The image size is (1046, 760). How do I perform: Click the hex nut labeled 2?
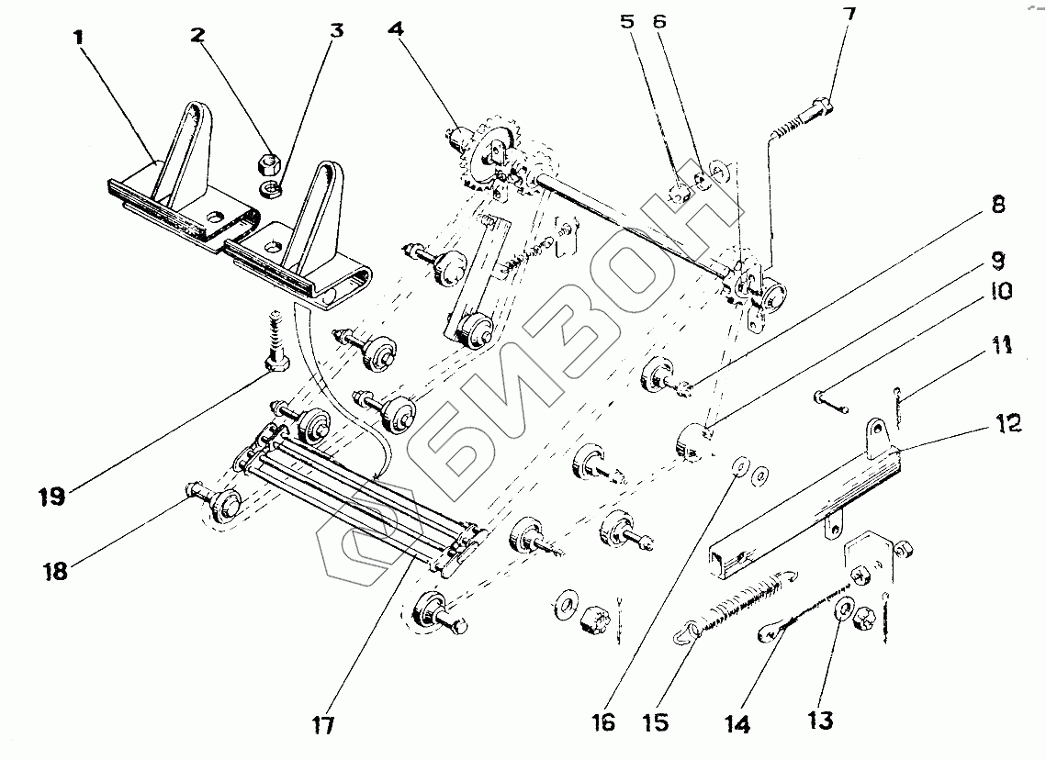[x=269, y=165]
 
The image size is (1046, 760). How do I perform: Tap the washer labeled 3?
[x=271, y=189]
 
